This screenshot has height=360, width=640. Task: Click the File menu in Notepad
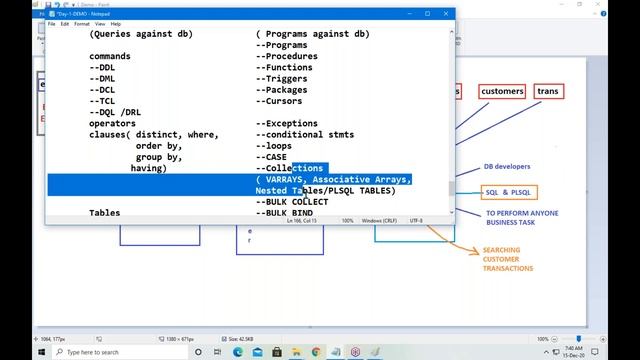[x=51, y=23]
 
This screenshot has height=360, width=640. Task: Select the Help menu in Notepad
[x=115, y=23]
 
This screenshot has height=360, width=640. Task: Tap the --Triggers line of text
[x=285, y=79]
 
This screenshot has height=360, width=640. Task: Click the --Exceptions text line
[x=291, y=123]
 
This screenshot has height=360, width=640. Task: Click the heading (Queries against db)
[x=154, y=34]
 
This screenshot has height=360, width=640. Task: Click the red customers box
[x=502, y=91]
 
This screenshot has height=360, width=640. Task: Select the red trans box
[x=548, y=91]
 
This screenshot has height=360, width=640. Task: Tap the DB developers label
[x=507, y=167]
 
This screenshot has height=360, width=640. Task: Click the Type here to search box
[x=80, y=352]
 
